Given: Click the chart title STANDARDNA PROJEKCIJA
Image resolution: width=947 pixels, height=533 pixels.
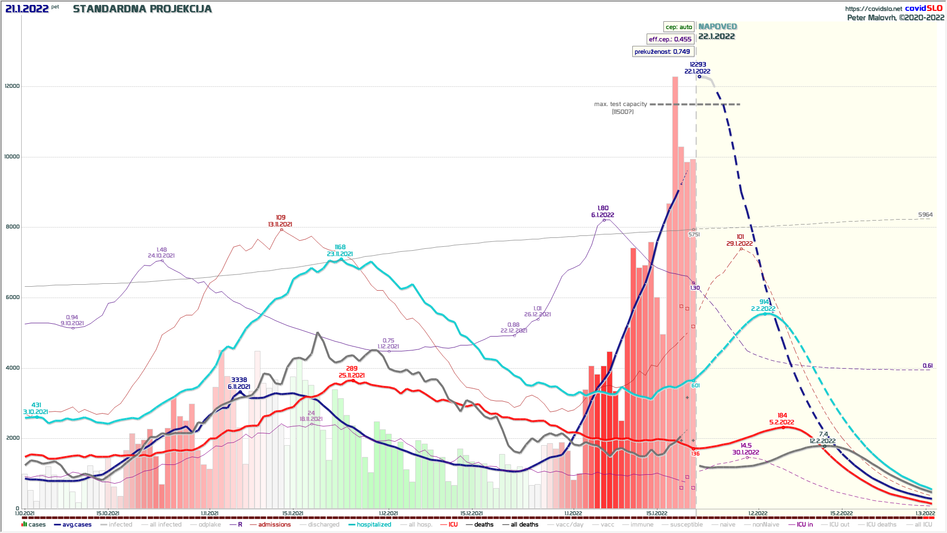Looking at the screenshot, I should coord(142,9).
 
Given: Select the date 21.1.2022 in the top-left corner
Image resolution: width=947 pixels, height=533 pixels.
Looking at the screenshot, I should coord(27,9).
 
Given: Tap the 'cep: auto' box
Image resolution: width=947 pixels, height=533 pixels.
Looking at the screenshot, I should coord(679,27).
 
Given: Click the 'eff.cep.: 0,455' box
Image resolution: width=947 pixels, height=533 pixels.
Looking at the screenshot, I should coord(670,39).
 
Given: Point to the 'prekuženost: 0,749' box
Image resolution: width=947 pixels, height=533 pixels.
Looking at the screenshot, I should coord(662,52).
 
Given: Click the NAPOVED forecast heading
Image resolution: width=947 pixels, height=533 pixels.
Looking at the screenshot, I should coord(717,27).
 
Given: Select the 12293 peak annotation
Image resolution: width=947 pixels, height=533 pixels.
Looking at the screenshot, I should coord(697,65).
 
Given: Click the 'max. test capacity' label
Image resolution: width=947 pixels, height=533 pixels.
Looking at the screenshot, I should coord(620,104).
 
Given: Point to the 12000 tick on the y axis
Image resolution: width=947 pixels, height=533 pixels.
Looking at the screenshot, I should coord(12,86).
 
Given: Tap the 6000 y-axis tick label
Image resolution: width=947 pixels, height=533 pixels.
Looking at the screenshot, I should coord(12,298).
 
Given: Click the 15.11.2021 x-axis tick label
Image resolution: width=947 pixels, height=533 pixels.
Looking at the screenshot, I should coord(292,514).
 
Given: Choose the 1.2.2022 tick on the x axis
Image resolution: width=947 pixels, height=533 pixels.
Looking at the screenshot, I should coord(758,514).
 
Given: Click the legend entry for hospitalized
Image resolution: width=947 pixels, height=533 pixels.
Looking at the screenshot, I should coord(373,525).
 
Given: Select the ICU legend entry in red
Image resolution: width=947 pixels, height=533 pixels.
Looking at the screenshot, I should coord(453,525).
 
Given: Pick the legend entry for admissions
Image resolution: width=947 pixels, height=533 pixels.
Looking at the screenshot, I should coord(274,525).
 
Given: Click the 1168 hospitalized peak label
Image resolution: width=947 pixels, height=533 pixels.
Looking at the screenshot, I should coord(340,247).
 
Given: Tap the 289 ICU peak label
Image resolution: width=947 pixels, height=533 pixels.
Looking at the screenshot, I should coord(352,369).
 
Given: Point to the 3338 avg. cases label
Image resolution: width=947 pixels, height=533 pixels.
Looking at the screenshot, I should coord(239,380).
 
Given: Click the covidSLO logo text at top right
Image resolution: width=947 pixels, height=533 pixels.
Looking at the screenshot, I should coord(923,8).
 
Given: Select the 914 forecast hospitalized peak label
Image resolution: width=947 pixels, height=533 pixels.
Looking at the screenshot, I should coord(764,302).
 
